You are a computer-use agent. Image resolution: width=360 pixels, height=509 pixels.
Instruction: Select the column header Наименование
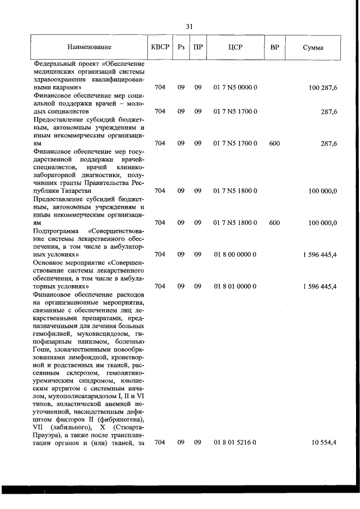pyautogui.click(x=89, y=47)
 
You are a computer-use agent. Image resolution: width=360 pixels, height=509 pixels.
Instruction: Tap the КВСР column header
pyautogui.click(x=160, y=47)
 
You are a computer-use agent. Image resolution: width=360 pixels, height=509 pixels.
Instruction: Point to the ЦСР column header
pyautogui.click(x=235, y=47)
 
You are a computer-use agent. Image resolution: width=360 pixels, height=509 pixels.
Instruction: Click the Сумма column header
pyautogui.click(x=313, y=47)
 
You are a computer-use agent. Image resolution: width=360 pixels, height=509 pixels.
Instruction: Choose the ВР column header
pyautogui.click(x=274, y=47)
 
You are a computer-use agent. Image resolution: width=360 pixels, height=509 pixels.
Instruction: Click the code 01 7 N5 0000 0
pyautogui.click(x=235, y=88)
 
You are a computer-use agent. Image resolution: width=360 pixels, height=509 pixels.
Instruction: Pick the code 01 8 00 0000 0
pyautogui.click(x=235, y=254)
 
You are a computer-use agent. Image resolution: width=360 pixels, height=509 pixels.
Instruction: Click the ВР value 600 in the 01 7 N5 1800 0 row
pyautogui.click(x=274, y=223)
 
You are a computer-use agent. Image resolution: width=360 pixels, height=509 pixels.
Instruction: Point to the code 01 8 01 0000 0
pyautogui.click(x=235, y=286)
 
